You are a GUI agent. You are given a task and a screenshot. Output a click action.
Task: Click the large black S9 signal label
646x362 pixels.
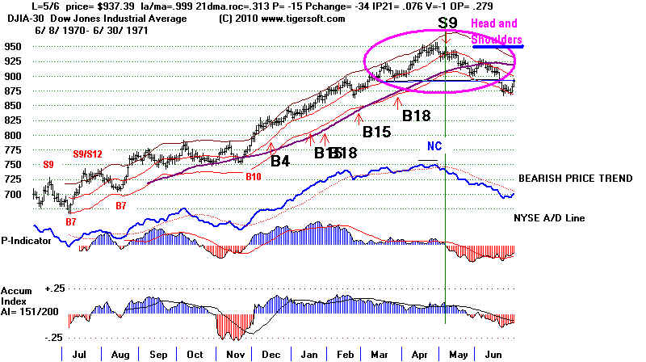point(446,23)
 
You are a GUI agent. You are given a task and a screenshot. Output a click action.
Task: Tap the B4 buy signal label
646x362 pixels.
point(280,162)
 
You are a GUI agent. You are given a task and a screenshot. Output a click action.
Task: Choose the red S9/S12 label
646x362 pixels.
point(88,153)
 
